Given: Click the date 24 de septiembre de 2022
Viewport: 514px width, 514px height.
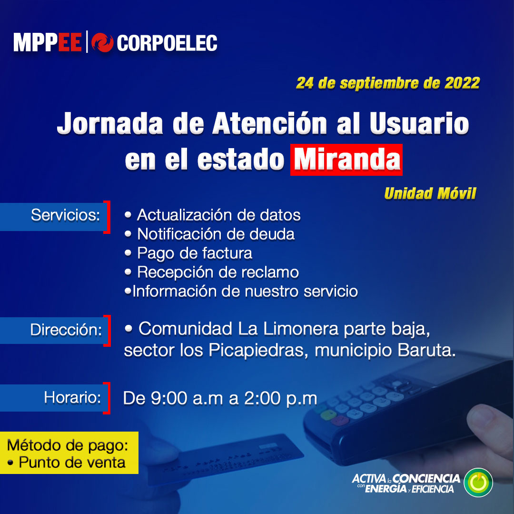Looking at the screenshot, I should (x=387, y=83).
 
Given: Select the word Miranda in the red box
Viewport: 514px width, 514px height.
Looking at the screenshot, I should (x=346, y=160).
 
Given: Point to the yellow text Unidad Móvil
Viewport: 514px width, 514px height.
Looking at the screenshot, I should (x=430, y=193).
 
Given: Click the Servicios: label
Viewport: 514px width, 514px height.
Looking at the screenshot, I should (x=65, y=215).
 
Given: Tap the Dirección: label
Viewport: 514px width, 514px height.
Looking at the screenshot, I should (x=66, y=330).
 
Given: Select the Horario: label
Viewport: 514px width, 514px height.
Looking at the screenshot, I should (x=72, y=397).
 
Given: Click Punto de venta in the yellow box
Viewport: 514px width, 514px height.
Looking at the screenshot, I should (x=71, y=462).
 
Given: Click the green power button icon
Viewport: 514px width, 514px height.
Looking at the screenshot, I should (x=478, y=483).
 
